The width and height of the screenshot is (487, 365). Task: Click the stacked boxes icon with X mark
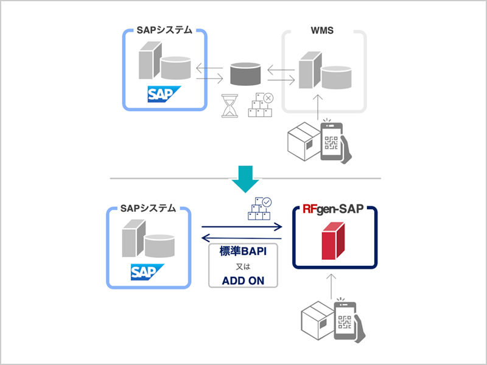pos(261,105)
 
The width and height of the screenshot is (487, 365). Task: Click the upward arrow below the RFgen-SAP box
pos(332,286)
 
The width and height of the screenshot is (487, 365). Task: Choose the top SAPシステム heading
pos(166,29)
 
